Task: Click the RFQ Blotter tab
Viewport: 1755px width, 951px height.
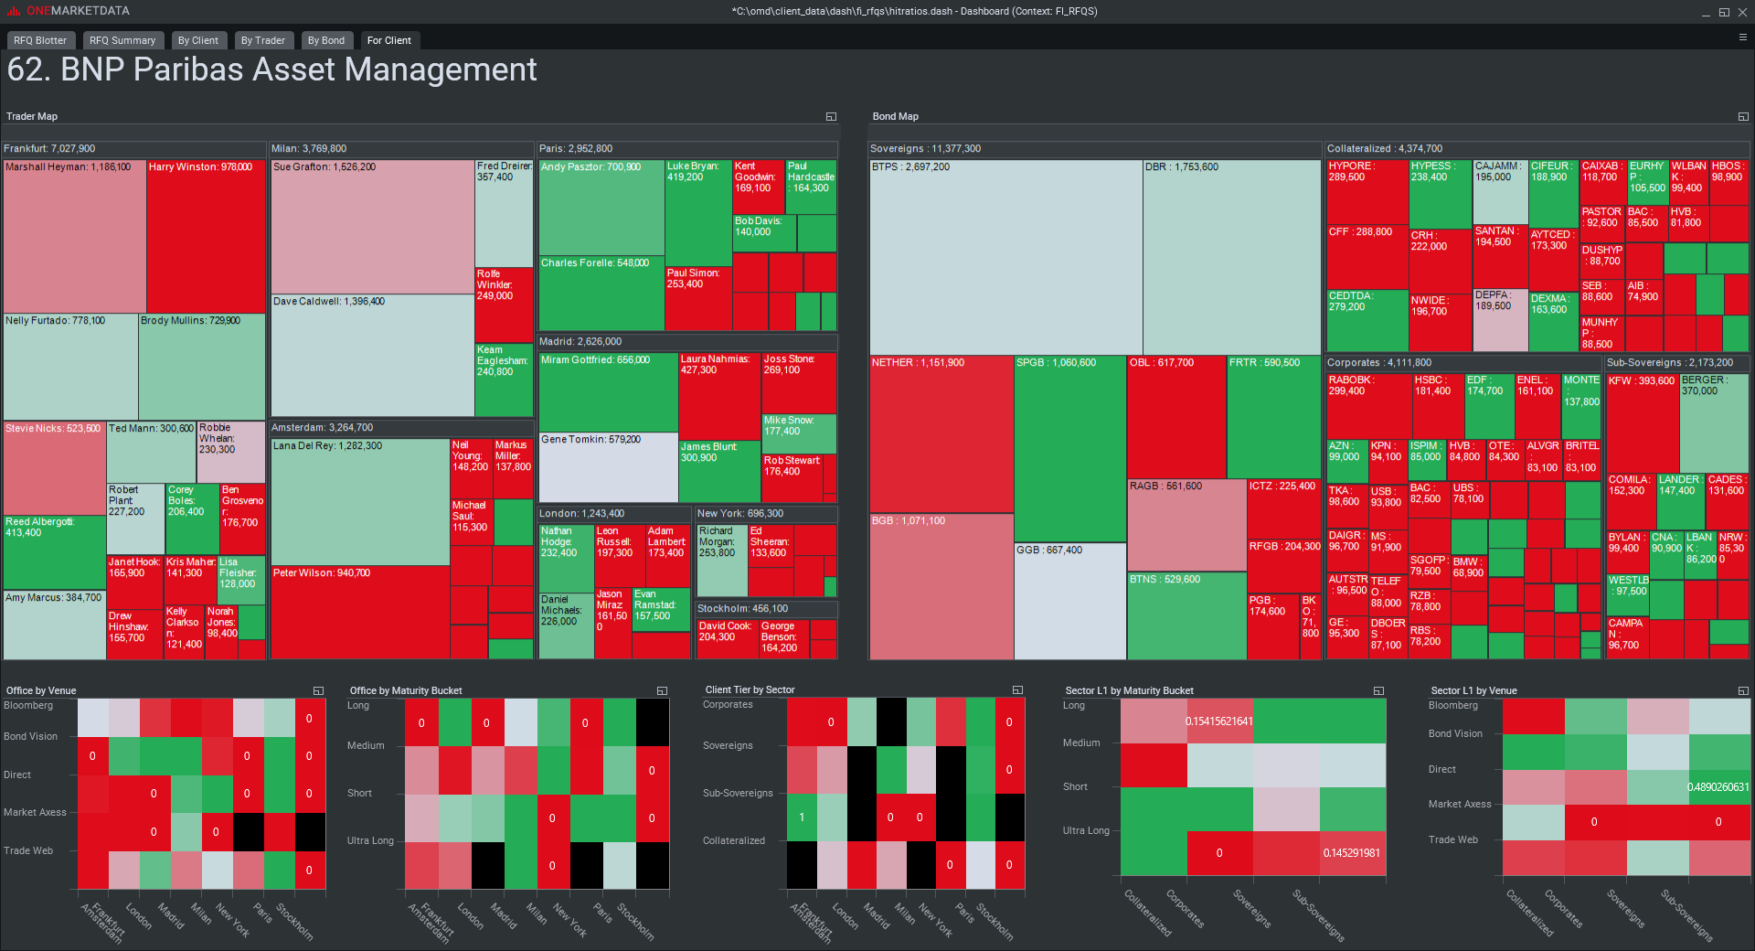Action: click(x=40, y=40)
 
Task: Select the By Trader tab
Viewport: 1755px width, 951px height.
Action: click(x=262, y=40)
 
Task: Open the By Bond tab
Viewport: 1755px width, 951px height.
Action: click(x=326, y=40)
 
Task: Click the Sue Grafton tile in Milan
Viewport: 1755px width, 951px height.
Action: click(x=372, y=229)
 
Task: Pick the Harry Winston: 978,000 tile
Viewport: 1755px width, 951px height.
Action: click(x=206, y=238)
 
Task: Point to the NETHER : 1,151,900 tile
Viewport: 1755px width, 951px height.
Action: click(x=941, y=433)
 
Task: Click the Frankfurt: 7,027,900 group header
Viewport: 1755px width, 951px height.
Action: click(x=50, y=149)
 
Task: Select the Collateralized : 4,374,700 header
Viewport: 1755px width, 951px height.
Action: click(x=1385, y=149)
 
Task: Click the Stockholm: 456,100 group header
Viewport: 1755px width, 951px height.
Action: click(x=742, y=609)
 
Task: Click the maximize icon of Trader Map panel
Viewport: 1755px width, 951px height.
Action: click(x=831, y=117)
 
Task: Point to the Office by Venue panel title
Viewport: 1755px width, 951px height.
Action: click(x=41, y=690)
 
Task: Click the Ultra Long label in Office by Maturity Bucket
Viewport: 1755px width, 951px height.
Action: click(x=370, y=841)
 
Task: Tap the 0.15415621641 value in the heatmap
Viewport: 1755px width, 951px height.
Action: click(x=1218, y=721)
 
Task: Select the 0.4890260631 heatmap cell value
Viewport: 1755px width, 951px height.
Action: click(x=1718, y=786)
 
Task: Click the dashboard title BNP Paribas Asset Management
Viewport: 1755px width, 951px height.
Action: click(x=271, y=70)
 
